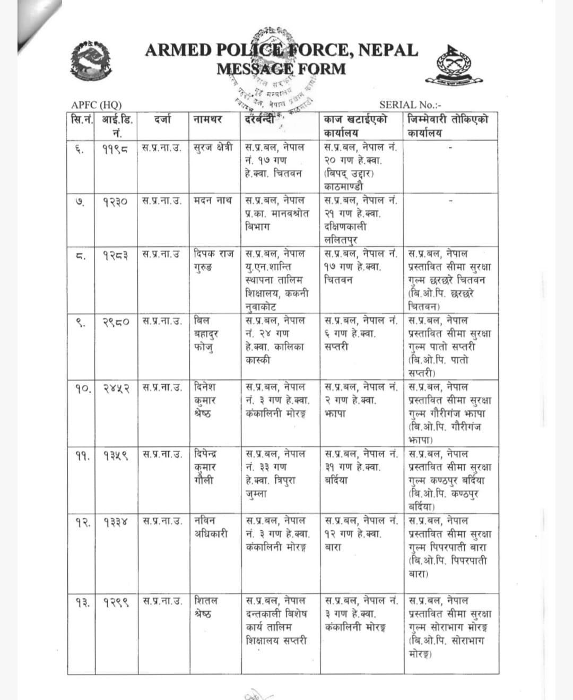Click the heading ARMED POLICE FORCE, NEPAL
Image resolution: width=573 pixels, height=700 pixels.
(x=281, y=50)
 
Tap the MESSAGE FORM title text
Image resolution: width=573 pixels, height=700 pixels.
(x=281, y=69)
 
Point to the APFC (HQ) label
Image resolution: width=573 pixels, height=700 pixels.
(x=97, y=105)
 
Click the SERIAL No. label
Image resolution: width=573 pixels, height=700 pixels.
(x=410, y=105)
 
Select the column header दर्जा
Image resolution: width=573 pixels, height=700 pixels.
(x=163, y=120)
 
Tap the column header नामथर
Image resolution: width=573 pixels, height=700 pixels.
(x=207, y=120)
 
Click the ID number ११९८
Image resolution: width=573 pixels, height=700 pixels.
(x=115, y=148)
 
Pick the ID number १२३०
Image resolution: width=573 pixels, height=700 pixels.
(x=115, y=202)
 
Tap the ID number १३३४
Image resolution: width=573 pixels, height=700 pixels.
(x=115, y=522)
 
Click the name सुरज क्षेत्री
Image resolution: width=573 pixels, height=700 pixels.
(x=213, y=148)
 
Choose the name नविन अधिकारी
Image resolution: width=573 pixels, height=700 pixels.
(x=211, y=527)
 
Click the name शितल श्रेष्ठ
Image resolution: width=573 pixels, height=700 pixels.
(x=205, y=607)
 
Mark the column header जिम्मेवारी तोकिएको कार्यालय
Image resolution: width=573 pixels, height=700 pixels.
(x=448, y=126)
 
